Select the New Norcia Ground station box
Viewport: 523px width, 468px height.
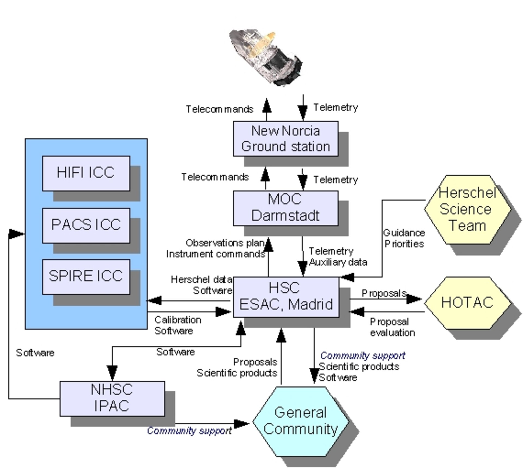click(285, 139)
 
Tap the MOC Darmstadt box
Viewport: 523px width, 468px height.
click(285, 208)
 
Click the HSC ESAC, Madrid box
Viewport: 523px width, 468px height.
click(286, 297)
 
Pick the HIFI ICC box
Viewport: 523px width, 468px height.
click(86, 173)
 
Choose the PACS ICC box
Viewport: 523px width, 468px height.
click(86, 225)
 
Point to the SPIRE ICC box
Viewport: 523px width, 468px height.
click(86, 277)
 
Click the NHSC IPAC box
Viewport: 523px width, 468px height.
click(112, 398)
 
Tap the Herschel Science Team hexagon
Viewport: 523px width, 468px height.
click(467, 209)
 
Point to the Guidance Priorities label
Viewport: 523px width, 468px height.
click(404, 238)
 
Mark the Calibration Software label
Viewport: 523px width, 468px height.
click(177, 326)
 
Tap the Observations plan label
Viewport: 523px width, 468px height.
click(224, 243)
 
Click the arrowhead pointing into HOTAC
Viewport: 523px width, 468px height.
click(414, 299)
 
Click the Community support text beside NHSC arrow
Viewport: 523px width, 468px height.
click(189, 431)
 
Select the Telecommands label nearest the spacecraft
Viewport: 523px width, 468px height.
click(219, 109)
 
